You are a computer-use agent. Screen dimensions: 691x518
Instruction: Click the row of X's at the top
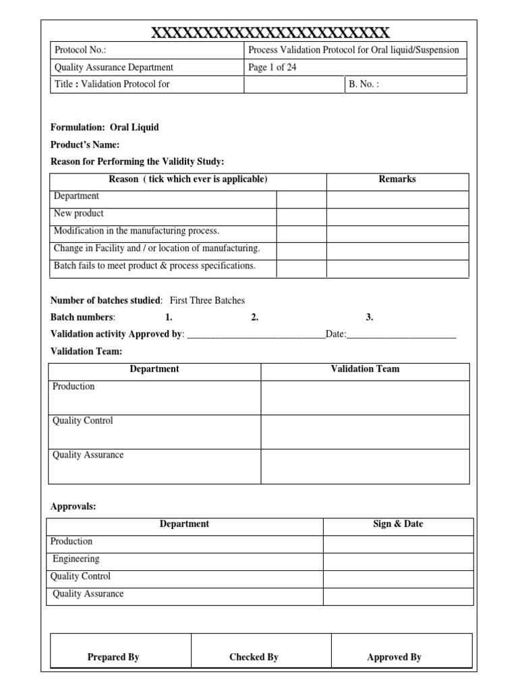click(x=269, y=32)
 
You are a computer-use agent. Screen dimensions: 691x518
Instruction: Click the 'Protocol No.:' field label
click(x=80, y=50)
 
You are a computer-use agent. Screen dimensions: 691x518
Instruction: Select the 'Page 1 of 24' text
click(x=272, y=67)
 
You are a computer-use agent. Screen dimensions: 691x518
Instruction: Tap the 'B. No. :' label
click(x=364, y=85)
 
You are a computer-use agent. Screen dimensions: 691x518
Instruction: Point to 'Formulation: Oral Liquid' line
click(x=105, y=128)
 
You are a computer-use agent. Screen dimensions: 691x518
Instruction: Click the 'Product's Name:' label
click(x=85, y=145)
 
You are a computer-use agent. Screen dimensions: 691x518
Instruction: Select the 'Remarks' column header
click(x=397, y=179)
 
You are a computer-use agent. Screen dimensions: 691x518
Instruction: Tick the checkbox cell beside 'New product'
click(x=301, y=217)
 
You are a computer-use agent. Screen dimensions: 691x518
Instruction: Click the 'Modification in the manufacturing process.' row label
click(x=136, y=231)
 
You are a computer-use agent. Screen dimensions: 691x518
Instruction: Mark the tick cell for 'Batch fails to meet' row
click(x=301, y=269)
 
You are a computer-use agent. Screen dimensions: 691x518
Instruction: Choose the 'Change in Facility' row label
click(x=156, y=248)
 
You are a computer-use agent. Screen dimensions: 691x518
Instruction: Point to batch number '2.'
click(x=255, y=317)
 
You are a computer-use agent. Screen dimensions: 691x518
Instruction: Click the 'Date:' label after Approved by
click(x=336, y=334)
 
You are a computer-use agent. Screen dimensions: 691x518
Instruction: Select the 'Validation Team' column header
click(x=364, y=369)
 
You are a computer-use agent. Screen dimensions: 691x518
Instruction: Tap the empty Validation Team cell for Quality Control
click(x=364, y=432)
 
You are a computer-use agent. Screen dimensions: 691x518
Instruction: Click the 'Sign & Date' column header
click(x=398, y=524)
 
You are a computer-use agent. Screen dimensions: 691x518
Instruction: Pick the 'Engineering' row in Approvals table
click(x=76, y=559)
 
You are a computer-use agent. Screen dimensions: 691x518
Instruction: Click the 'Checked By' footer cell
click(x=254, y=657)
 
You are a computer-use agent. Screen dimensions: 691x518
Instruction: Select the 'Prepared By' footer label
click(x=113, y=657)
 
